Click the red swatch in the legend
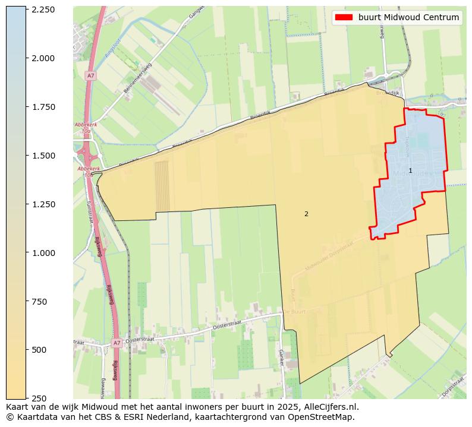(x=344, y=17)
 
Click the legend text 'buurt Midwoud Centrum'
(x=408, y=17)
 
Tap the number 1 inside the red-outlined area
(x=410, y=171)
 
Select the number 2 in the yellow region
(x=306, y=214)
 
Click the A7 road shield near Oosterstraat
(x=117, y=343)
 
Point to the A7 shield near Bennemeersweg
(x=90, y=76)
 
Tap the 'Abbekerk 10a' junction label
(x=86, y=128)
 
